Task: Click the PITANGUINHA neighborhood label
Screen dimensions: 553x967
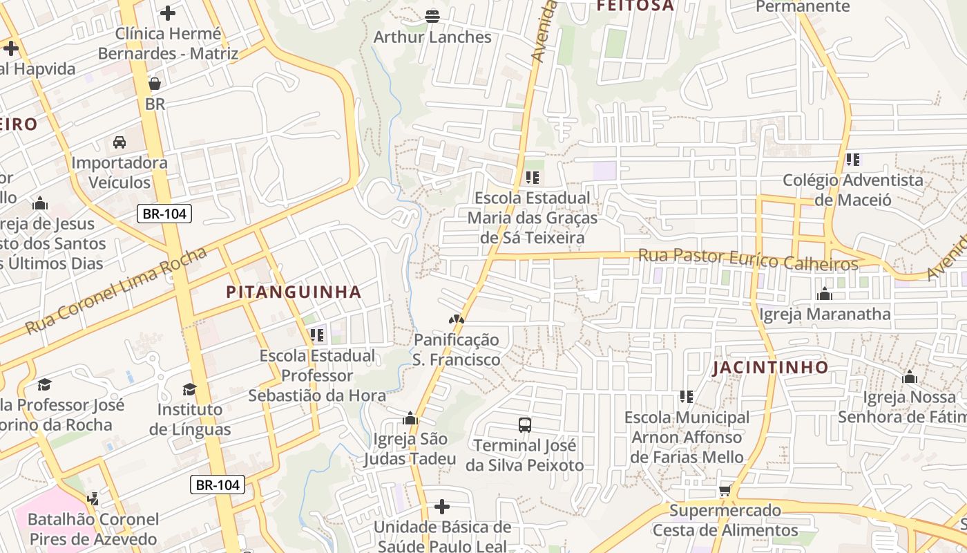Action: (294, 292)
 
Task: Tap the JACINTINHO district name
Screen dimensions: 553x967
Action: (770, 367)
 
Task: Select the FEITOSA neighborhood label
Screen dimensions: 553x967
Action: (634, 6)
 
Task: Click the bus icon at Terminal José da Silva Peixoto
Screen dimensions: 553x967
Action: (525, 424)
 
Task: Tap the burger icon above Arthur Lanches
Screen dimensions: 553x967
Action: (432, 15)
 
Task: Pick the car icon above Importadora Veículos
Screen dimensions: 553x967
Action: (119, 142)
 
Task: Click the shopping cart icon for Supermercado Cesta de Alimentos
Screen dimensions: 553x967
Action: (725, 490)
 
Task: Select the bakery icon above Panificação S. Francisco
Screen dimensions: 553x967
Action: (456, 319)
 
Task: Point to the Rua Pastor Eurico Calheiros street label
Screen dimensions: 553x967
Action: (747, 260)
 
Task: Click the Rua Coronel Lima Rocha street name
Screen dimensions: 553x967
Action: (116, 290)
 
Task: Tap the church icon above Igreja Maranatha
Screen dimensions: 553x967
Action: (824, 294)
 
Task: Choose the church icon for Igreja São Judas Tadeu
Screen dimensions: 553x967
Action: (410, 418)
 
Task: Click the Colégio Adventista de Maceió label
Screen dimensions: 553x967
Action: (852, 190)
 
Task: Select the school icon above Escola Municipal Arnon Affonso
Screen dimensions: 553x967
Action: (686, 397)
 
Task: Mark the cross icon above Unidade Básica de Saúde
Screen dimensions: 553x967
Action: (442, 507)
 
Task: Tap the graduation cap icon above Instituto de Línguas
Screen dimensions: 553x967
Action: (189, 389)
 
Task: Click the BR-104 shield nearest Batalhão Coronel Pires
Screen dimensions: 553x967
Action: (218, 485)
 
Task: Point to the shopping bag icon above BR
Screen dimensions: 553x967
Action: (155, 84)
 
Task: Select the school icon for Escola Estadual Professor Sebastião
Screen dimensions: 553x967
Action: (317, 335)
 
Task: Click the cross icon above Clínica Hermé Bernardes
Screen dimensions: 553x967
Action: (167, 12)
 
